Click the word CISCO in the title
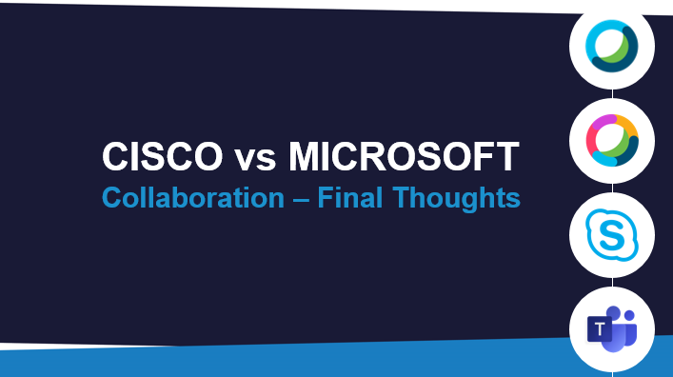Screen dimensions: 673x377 [x=162, y=156]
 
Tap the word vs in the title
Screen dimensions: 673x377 [x=255, y=160]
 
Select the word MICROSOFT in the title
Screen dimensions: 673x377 [x=404, y=156]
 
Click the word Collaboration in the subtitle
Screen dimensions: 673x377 [x=193, y=197]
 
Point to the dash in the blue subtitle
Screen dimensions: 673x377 [x=301, y=200]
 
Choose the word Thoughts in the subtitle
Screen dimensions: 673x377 [x=456, y=199]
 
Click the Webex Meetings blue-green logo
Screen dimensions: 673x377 [x=612, y=47]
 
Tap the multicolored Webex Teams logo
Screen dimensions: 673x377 [x=612, y=140]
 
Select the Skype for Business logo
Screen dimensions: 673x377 [x=612, y=235]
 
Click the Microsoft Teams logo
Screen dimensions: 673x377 [x=612, y=328]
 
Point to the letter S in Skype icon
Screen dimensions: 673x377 [x=612, y=235]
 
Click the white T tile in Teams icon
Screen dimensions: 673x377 [x=599, y=329]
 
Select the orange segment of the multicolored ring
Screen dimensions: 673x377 [x=626, y=126]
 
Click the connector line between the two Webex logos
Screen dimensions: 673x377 [x=612, y=94]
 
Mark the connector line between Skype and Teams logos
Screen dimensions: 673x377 [x=612, y=283]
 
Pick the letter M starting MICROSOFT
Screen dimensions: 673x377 [x=304, y=156]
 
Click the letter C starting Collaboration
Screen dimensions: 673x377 [x=112, y=197]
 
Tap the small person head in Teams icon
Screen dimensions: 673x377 [x=629, y=316]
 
